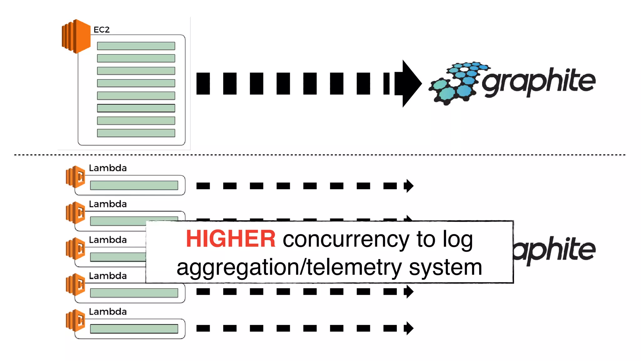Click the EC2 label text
pyautogui.click(x=101, y=29)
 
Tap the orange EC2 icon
pyautogui.click(x=76, y=36)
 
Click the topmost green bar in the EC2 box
pyautogui.click(x=136, y=46)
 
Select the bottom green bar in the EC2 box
pyautogui.click(x=136, y=133)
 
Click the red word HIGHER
pyautogui.click(x=231, y=239)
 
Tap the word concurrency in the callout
pyautogui.click(x=346, y=239)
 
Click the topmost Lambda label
pyautogui.click(x=108, y=168)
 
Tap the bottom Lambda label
pyautogui.click(x=108, y=311)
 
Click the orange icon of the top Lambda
pyautogui.click(x=75, y=176)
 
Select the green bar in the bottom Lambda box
pyautogui.click(x=134, y=328)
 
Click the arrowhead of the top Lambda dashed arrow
pyautogui.click(x=409, y=186)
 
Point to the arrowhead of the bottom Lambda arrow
pyautogui.click(x=409, y=328)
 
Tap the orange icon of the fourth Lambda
pyautogui.click(x=75, y=284)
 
